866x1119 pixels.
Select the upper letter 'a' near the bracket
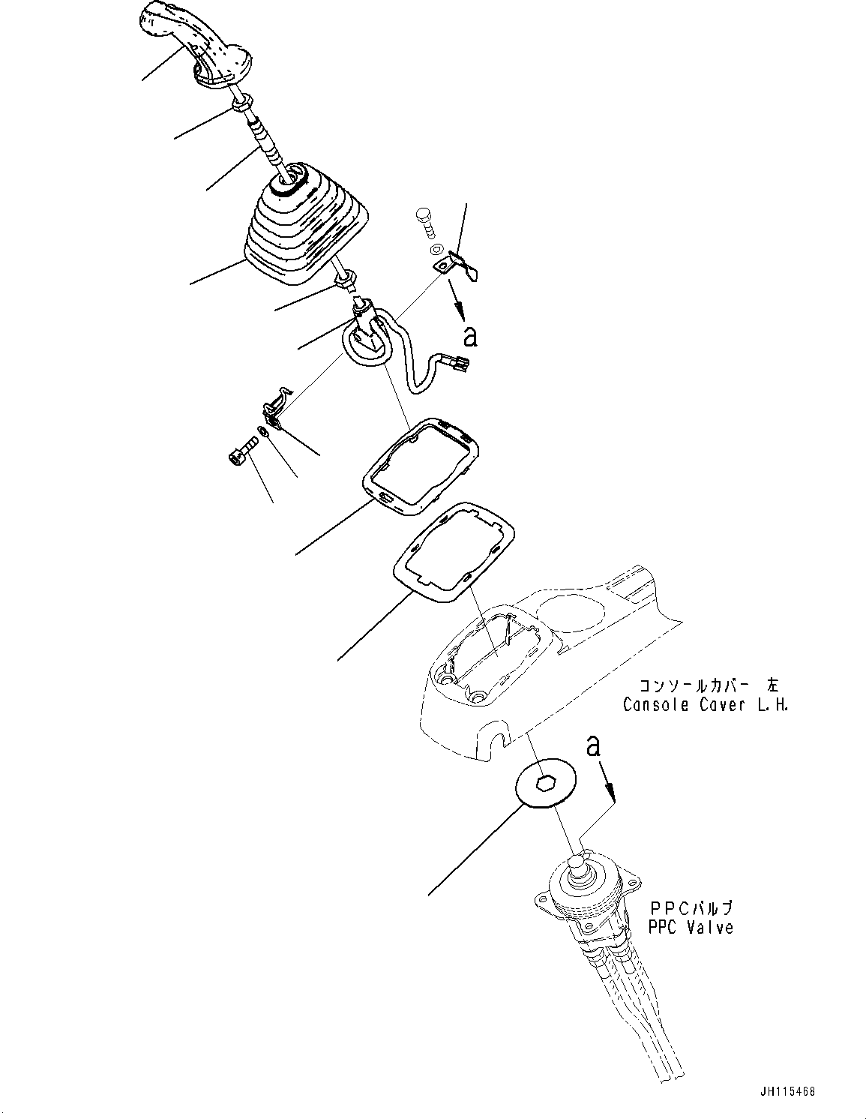coord(470,337)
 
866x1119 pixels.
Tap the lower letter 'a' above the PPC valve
coord(593,745)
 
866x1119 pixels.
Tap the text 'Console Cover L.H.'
coord(705,705)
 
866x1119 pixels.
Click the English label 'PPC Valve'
coord(691,928)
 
